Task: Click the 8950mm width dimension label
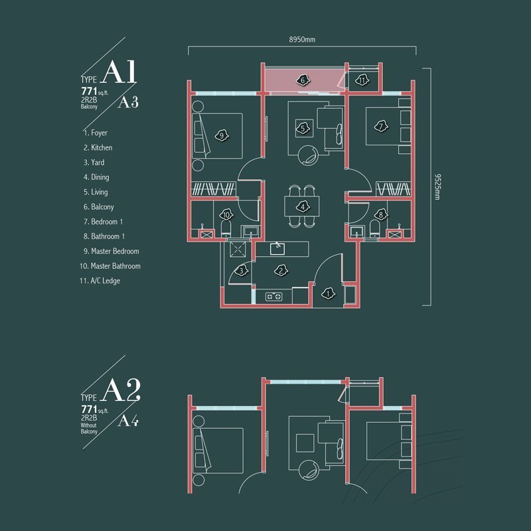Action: tap(302, 40)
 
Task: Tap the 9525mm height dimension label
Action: tap(437, 187)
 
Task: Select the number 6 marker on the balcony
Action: tap(303, 80)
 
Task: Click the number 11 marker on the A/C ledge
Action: tap(362, 80)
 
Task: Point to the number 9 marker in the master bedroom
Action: tap(222, 136)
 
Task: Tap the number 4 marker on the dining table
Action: tap(303, 206)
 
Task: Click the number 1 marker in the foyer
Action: tap(328, 293)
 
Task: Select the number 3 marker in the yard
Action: tap(241, 271)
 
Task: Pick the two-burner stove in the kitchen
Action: tap(274, 297)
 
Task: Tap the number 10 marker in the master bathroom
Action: tap(226, 214)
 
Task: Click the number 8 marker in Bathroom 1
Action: tap(381, 214)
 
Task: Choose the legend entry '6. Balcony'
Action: tap(98, 207)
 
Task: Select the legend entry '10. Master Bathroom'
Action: tap(110, 266)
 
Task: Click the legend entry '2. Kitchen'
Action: tap(98, 147)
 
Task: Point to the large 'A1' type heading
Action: tap(119, 72)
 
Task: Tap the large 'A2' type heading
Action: tap(121, 390)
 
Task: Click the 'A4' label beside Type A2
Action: tap(128, 421)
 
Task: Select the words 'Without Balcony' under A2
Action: tap(89, 428)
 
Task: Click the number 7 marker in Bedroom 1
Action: tap(381, 127)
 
